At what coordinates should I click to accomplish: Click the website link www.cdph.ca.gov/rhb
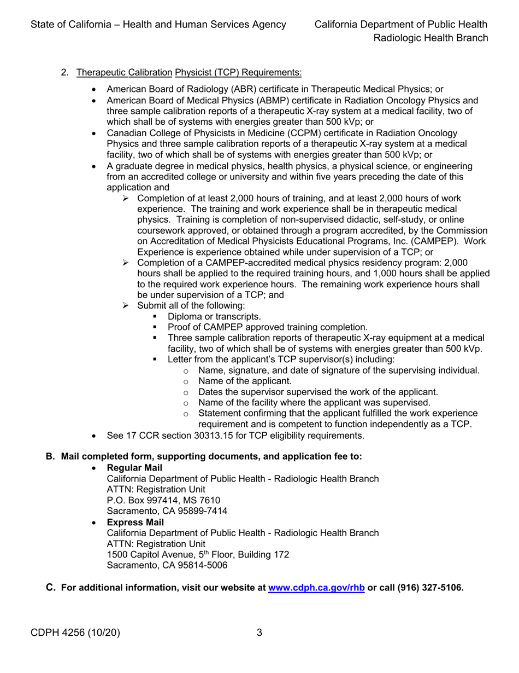[x=316, y=588]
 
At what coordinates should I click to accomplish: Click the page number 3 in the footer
[x=259, y=633]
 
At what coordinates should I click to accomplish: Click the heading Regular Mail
[x=134, y=468]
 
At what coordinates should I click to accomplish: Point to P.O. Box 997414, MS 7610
[x=163, y=500]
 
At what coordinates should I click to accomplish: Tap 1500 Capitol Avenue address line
[x=198, y=554]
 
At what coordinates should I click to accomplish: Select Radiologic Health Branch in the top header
[x=430, y=38]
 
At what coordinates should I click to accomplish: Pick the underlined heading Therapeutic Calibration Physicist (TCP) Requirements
[x=189, y=72]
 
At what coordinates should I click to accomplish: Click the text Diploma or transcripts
[x=214, y=316]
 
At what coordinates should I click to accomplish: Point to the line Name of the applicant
[x=245, y=381]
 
